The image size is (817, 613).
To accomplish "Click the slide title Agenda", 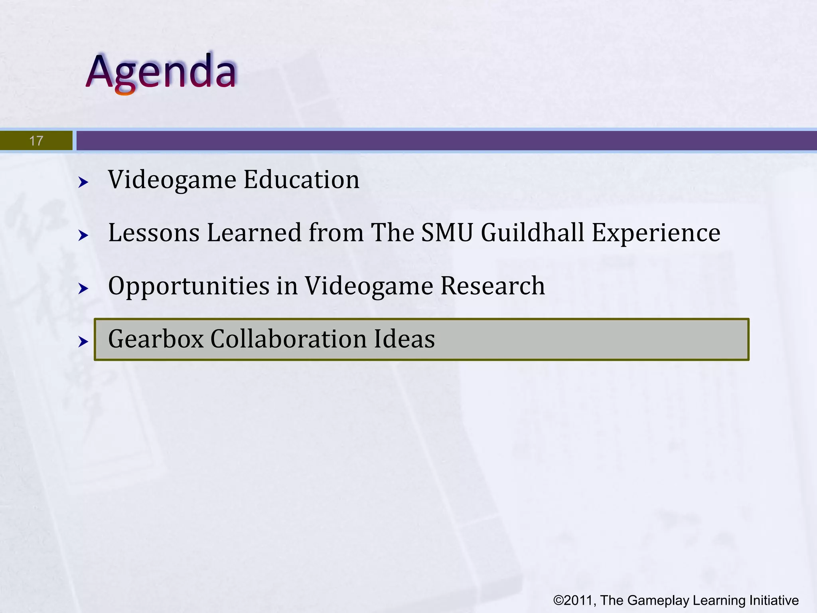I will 162,72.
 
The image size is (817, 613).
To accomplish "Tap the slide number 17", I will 36,141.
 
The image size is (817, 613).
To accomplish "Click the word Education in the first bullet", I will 301,180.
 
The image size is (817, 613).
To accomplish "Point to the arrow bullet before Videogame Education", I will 83,183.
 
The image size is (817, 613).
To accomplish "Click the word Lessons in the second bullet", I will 154,233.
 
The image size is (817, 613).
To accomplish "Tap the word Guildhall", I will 533,233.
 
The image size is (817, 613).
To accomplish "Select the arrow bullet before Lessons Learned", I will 83,235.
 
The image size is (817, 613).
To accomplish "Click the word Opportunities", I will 189,287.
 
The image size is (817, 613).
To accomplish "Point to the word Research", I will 492,286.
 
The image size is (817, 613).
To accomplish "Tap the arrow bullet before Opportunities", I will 83,289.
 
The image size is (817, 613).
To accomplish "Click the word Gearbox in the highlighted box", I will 156,339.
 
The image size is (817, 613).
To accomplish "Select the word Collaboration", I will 288,339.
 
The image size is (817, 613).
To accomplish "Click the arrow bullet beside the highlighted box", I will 83,342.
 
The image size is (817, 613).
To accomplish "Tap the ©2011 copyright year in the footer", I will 574,600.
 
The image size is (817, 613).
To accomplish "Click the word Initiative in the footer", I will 774,600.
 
